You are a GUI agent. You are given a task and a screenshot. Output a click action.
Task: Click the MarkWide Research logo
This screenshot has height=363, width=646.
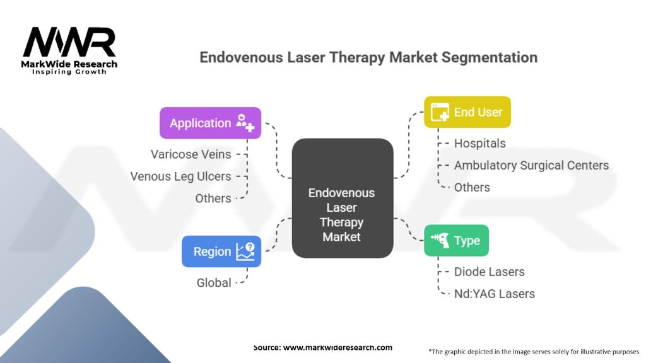[69, 49]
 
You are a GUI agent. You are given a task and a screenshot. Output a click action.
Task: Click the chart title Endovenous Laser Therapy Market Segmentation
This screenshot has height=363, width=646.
[368, 57]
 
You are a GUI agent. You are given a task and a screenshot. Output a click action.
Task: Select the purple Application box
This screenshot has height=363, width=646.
[209, 123]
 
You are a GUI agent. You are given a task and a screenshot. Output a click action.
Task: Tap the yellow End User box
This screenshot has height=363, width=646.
[467, 112]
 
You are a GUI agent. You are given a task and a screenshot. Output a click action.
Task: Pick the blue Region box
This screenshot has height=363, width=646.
[221, 251]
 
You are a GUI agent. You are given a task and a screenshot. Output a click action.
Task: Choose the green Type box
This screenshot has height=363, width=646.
[455, 241]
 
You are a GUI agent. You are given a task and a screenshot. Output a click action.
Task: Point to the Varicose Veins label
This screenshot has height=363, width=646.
[191, 154]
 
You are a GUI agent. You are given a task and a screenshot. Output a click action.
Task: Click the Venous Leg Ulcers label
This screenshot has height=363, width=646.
[180, 176]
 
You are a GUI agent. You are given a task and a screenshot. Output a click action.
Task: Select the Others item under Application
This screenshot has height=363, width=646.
[213, 198]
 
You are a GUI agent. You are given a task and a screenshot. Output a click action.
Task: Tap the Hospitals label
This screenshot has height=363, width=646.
[479, 143]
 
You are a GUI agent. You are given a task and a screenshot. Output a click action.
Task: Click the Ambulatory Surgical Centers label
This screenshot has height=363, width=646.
[531, 165]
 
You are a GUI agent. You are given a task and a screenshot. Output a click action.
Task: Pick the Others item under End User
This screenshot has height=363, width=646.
[472, 187]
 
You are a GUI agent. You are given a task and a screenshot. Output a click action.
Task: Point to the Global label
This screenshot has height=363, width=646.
[214, 282]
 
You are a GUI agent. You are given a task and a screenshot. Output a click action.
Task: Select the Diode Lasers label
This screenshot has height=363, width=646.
[489, 272]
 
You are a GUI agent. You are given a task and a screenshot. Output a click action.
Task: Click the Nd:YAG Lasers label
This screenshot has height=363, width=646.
[494, 294]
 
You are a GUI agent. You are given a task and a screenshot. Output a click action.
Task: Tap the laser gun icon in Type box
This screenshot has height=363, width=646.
[440, 240]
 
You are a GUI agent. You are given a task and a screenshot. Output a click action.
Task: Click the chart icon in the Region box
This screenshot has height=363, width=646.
[245, 251]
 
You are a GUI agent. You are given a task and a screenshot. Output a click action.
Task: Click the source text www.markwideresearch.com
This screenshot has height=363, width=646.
[322, 347]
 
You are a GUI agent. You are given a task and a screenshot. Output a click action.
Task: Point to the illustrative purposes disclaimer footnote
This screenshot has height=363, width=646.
[534, 351]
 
